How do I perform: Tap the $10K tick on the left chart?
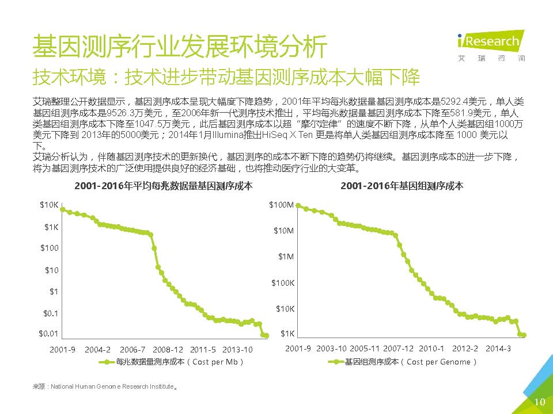pyautogui.click(x=49, y=205)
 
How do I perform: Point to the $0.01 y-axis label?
pyautogui.click(x=49, y=333)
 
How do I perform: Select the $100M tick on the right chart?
pyautogui.click(x=282, y=205)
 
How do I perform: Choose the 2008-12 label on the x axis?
pyautogui.click(x=168, y=350)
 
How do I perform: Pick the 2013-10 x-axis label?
pyautogui.click(x=237, y=350)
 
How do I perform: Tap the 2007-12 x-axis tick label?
pyautogui.click(x=398, y=348)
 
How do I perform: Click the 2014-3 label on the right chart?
pyautogui.click(x=498, y=348)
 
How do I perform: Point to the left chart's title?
pyautogui.click(x=163, y=186)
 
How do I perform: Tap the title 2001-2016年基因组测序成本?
pyautogui.click(x=402, y=186)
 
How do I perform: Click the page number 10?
pyautogui.click(x=539, y=402)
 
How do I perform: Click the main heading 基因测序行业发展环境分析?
pyautogui.click(x=179, y=46)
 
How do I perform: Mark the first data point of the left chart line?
pyautogui.click(x=62, y=209)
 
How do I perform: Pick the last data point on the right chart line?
pyautogui.click(x=524, y=335)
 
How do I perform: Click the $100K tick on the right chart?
pyautogui.click(x=283, y=283)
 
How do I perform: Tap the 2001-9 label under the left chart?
pyautogui.click(x=63, y=350)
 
